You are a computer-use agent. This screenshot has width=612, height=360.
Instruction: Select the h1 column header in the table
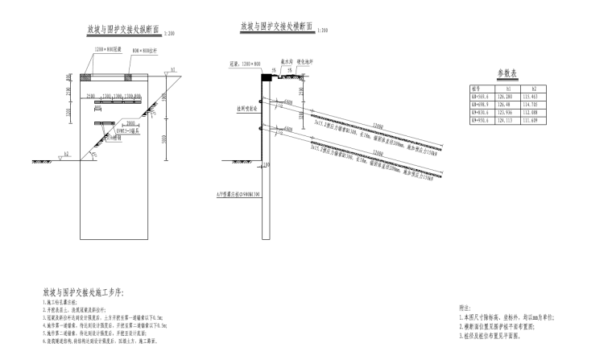click(x=504, y=88)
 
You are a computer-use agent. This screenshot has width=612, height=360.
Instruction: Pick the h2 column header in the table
click(x=531, y=88)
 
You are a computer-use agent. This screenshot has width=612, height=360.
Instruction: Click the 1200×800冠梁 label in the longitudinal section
click(x=109, y=50)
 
